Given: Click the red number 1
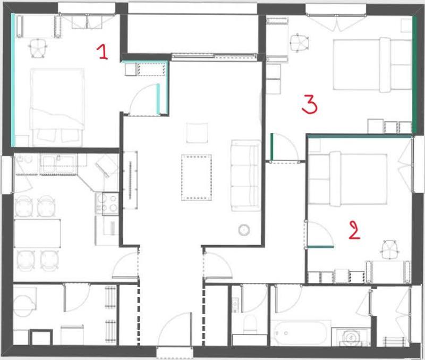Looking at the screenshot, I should pos(102,52).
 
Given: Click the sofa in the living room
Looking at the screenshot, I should pos(245,175).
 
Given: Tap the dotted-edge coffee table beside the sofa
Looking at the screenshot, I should pos(196,177).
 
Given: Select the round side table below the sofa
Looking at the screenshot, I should pos(244,229).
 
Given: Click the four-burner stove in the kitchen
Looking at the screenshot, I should pos(107,202).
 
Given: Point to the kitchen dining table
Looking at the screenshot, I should pos(37,232).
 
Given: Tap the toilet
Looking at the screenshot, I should pos(249,324).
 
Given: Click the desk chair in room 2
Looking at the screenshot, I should pos(390,247).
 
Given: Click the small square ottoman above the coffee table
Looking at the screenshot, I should pos(198,132).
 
